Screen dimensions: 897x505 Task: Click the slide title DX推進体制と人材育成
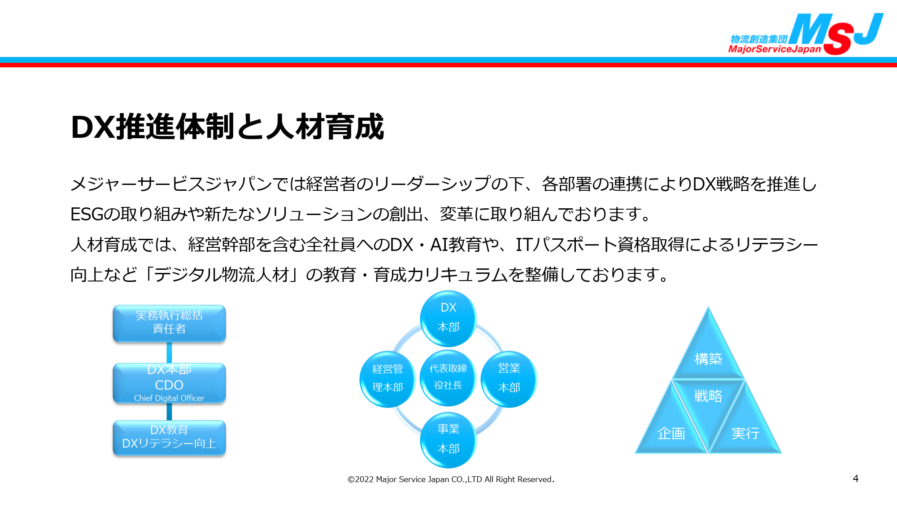click(x=227, y=127)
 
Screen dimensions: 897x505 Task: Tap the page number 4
click(x=856, y=479)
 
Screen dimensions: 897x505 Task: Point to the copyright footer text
click(x=451, y=479)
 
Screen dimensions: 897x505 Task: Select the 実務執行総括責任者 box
click(x=169, y=323)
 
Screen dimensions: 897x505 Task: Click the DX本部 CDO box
click(x=169, y=383)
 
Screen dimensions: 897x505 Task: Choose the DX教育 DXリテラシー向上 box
click(x=169, y=438)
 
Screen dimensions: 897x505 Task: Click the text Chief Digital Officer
click(x=169, y=398)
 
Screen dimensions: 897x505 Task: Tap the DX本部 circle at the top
click(x=448, y=318)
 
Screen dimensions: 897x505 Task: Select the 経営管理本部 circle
click(x=388, y=379)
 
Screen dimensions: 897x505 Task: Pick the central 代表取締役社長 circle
click(x=448, y=378)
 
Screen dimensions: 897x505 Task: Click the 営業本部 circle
click(x=509, y=379)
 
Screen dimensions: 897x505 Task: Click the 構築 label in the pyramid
click(x=708, y=359)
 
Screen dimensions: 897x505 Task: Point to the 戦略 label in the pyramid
click(x=708, y=396)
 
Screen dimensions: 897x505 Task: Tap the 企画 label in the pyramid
click(x=671, y=433)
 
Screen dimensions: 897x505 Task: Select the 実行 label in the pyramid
click(x=745, y=433)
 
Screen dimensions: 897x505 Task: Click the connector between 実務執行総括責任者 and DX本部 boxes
click(x=169, y=352)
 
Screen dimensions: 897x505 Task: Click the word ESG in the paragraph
click(x=87, y=214)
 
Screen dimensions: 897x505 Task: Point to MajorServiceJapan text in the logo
click(x=775, y=49)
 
